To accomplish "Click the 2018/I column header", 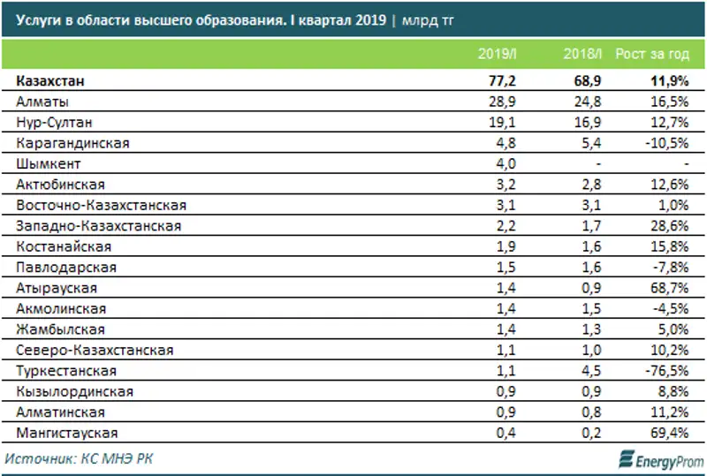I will (582, 55).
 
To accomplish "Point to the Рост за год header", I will (653, 55).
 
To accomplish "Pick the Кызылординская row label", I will (71, 391).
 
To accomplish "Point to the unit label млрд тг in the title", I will (428, 19).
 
